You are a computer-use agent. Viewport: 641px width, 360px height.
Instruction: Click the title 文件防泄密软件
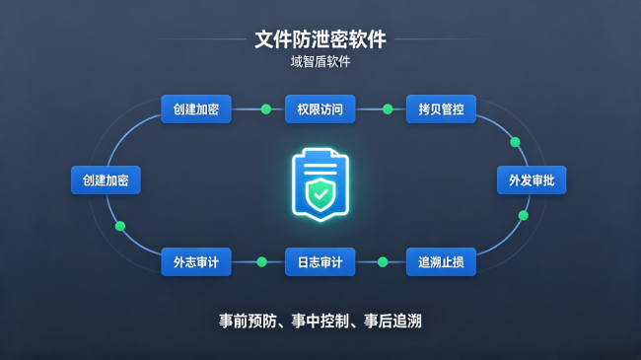pos(320,39)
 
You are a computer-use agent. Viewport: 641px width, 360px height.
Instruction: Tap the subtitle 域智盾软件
pos(320,62)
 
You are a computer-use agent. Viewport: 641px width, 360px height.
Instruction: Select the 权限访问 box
pos(320,109)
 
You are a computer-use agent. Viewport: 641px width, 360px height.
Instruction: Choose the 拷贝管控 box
pos(441,109)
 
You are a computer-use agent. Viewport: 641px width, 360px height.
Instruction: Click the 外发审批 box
pos(532,180)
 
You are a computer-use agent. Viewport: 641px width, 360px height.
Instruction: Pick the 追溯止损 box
pos(441,261)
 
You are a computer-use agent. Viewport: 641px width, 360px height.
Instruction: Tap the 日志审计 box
pos(320,261)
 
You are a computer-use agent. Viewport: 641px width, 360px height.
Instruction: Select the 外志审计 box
pos(196,261)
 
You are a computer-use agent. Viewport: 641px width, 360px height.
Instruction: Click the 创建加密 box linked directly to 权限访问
pos(196,109)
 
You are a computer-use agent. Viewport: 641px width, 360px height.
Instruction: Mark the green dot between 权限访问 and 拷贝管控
pos(388,109)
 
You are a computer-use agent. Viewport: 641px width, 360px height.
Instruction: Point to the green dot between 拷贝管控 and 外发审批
pos(515,142)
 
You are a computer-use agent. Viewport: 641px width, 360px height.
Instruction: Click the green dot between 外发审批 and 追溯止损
pos(524,216)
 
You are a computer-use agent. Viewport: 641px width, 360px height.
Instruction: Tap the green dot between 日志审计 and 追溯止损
pos(383,261)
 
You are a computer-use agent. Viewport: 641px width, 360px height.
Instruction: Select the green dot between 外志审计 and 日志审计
pos(261,261)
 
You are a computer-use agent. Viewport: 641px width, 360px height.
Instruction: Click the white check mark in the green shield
pos(320,194)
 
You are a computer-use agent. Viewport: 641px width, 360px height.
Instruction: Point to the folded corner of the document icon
pos(339,155)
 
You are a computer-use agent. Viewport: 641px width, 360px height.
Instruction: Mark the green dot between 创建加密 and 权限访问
pos(266,109)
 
